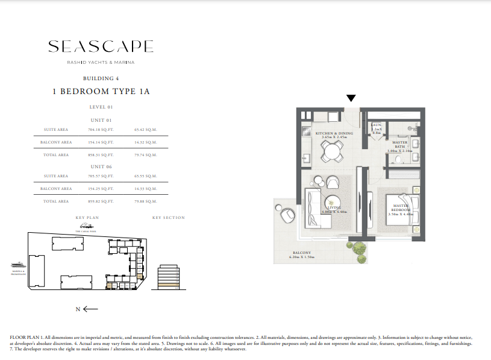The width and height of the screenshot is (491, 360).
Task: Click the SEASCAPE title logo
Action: tap(101, 46)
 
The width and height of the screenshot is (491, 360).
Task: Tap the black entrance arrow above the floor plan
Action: tap(351, 98)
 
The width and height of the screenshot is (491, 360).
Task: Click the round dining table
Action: tap(330, 152)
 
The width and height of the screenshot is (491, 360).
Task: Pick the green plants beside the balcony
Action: tap(357, 250)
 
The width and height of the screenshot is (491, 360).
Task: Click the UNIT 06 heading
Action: tap(101, 166)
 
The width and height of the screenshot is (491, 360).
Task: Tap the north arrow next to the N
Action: tap(90, 309)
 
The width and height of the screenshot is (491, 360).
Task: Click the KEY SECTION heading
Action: tap(168, 218)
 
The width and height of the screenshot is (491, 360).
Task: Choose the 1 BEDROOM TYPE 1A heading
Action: tap(101, 92)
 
